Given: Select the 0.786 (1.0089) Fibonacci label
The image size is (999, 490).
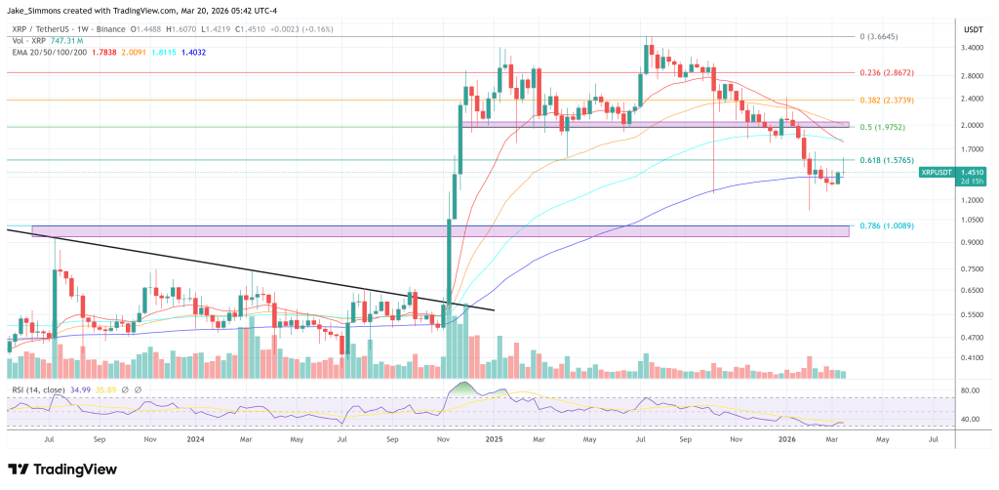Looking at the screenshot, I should (886, 226).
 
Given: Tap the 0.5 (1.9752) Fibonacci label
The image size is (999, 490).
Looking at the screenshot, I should (883, 126).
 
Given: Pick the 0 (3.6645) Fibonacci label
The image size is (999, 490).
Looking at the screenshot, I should (880, 37).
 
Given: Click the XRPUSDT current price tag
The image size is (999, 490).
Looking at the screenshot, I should (939, 172).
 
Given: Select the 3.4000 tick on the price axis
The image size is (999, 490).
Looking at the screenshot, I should (972, 47).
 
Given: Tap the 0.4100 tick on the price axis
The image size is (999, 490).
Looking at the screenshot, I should (972, 358).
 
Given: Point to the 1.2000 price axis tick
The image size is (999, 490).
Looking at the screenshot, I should (972, 200).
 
